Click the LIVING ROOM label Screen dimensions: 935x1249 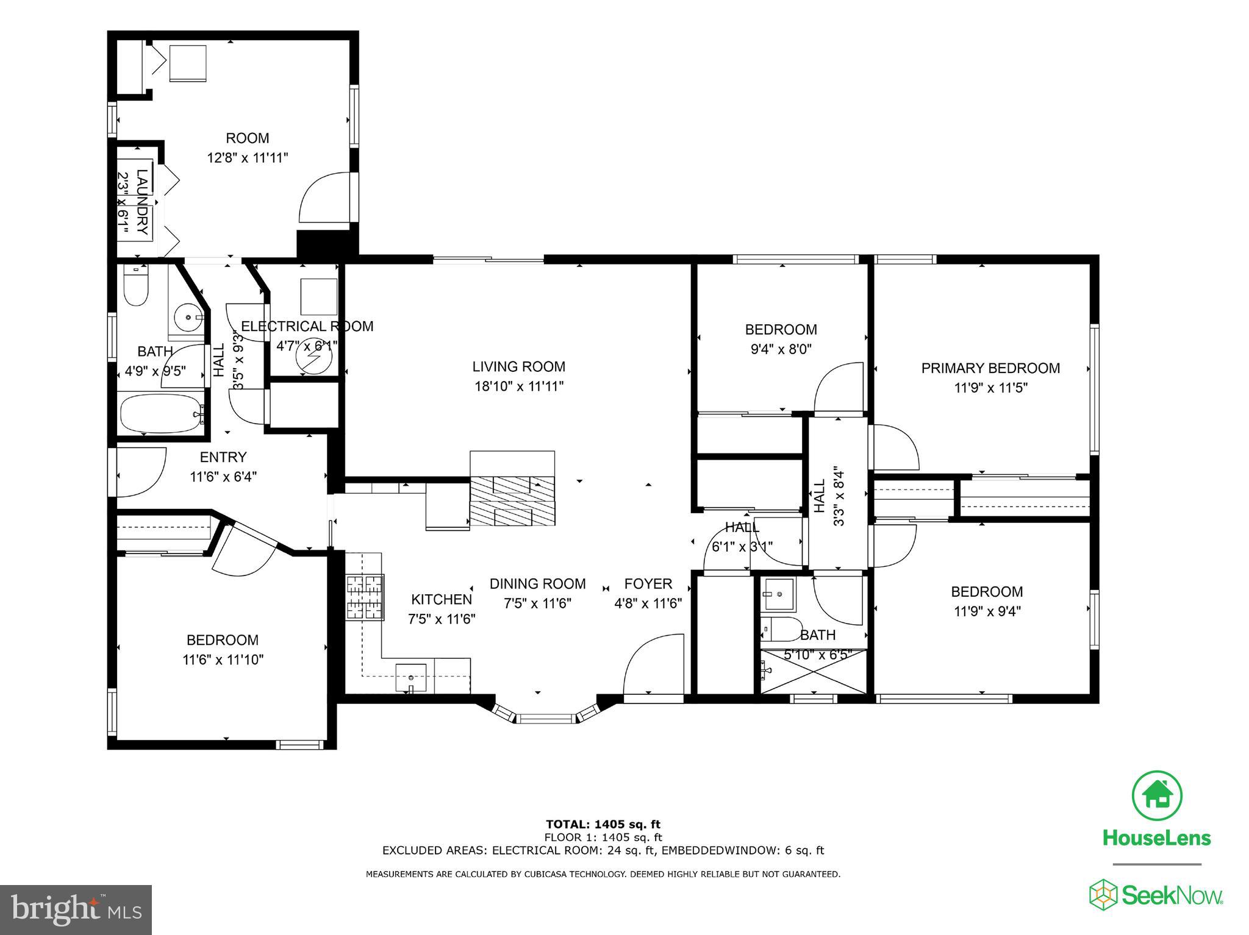[518, 367]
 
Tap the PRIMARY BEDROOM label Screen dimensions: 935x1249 [990, 368]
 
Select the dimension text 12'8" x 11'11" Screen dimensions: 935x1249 [247, 158]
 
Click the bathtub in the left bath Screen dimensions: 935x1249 [161, 414]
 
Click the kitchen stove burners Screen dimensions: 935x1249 [365, 597]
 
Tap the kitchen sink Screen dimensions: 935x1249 [410, 676]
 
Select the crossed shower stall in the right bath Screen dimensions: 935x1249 [814, 671]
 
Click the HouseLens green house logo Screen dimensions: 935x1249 [1157, 795]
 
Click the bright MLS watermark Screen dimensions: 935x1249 [76, 909]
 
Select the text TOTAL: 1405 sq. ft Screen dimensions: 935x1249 [603, 825]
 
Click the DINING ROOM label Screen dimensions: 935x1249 [537, 584]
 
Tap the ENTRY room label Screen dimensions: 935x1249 [223, 457]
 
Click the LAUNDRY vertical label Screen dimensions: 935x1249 [141, 202]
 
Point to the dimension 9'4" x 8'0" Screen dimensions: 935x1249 [781, 349]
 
